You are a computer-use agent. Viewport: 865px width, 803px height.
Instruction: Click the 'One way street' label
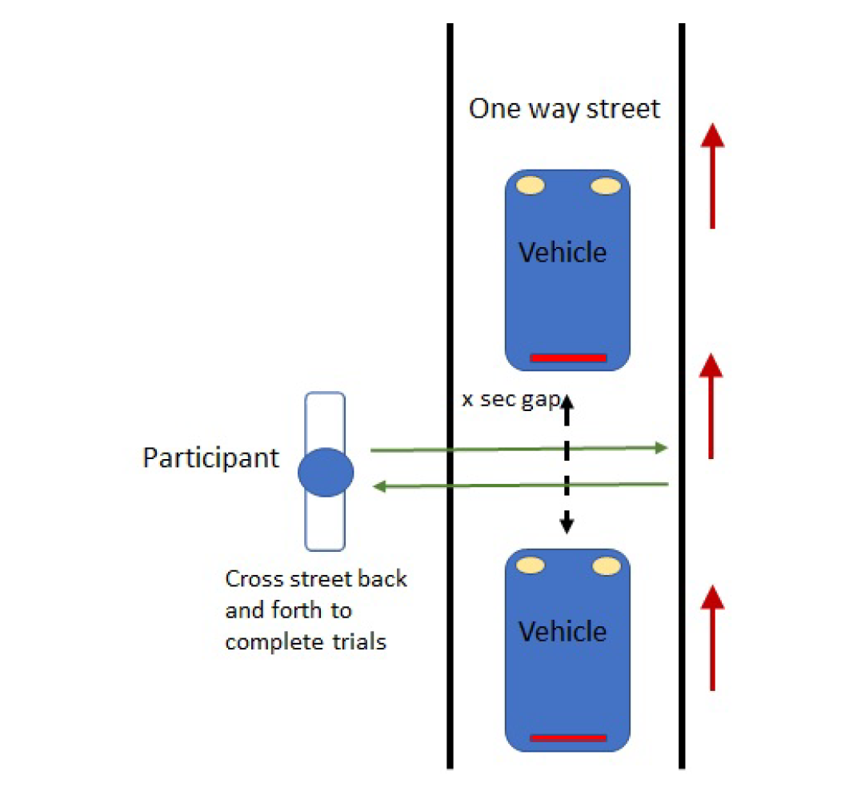(564, 109)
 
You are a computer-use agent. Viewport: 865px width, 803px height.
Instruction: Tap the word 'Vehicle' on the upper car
(563, 253)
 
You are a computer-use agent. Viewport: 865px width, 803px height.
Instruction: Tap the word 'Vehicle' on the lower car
(563, 632)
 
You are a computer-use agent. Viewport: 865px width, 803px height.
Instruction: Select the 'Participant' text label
(211, 458)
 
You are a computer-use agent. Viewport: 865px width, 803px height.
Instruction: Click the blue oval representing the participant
(326, 473)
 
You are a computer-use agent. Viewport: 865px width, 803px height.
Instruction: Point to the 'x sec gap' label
(510, 399)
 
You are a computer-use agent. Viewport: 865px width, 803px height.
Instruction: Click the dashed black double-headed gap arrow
(567, 464)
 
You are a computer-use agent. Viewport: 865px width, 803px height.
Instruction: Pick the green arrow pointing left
(521, 485)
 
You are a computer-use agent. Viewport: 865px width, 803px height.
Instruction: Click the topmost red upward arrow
(712, 176)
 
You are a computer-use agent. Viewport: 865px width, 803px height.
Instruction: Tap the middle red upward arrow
(711, 406)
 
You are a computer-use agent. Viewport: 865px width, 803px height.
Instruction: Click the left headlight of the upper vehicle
(531, 186)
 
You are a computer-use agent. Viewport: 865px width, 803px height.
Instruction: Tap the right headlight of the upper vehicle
(606, 186)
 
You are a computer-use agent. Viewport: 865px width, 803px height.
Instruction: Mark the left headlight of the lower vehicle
(531, 565)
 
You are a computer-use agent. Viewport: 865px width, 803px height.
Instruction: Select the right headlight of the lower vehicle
(606, 566)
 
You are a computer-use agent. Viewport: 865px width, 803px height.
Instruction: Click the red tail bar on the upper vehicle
(568, 358)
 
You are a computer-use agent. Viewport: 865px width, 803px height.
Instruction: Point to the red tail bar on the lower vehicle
(568, 737)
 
